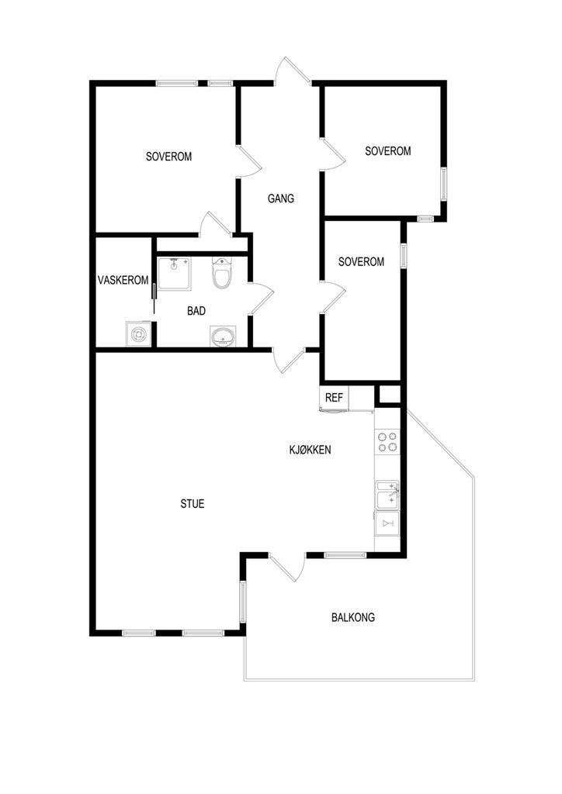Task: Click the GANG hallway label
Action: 281,198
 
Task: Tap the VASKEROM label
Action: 123,280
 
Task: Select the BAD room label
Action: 196,311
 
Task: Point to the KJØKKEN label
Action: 310,450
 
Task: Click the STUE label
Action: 193,504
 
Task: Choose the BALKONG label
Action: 353,617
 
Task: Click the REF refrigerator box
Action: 334,398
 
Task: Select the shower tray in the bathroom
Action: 175,274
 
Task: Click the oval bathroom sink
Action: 223,337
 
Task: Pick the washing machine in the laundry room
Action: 138,333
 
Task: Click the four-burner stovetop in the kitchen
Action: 387,441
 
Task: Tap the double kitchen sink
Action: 387,495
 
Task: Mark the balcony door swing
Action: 287,567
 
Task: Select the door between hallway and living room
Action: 289,361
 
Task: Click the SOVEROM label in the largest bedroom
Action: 168,157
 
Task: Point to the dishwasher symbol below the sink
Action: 387,523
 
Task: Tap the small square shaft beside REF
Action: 390,395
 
